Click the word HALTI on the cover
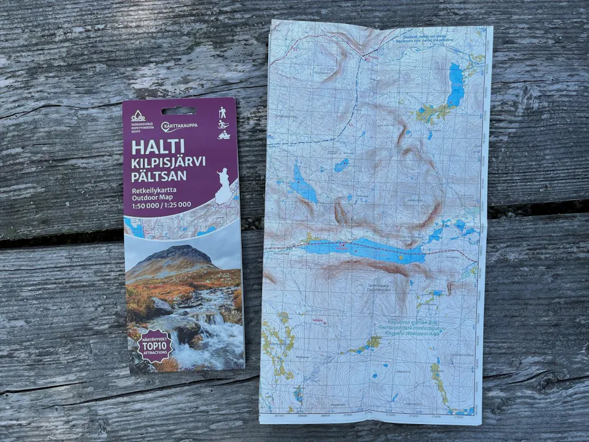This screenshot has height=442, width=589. click(158, 147)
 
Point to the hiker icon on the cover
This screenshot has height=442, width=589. click(223, 112)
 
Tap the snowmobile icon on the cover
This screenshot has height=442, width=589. click(223, 135)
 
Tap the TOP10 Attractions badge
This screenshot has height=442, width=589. click(153, 346)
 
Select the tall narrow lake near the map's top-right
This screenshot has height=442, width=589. click(456, 84)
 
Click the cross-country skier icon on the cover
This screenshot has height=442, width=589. click(223, 124)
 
